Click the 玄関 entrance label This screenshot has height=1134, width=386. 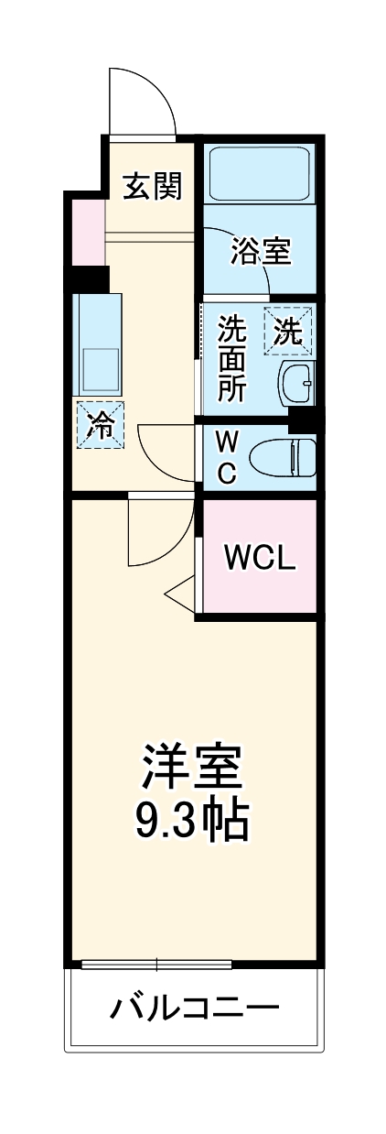coord(153,186)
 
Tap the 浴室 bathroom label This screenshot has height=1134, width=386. coord(261,250)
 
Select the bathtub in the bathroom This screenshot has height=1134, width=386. coord(261,172)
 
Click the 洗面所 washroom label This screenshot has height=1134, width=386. coord(231,359)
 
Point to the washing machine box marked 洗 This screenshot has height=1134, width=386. coord(288,332)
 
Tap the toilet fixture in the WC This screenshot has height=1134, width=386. coord(284,455)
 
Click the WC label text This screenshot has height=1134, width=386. coord(227,457)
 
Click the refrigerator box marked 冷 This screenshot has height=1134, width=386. coord(99,424)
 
